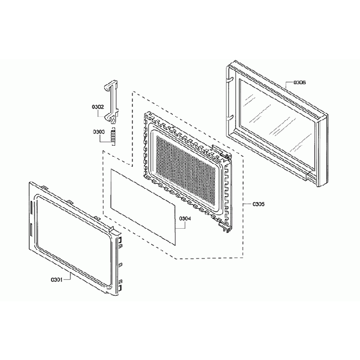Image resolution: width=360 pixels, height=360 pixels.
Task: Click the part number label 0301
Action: (55, 279)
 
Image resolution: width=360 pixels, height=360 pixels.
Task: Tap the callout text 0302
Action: (97, 106)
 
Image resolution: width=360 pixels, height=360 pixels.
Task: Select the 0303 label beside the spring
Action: (99, 131)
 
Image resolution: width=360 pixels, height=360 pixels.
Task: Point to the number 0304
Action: (185, 218)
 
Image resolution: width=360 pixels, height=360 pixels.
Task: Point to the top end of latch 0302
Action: (111, 83)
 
